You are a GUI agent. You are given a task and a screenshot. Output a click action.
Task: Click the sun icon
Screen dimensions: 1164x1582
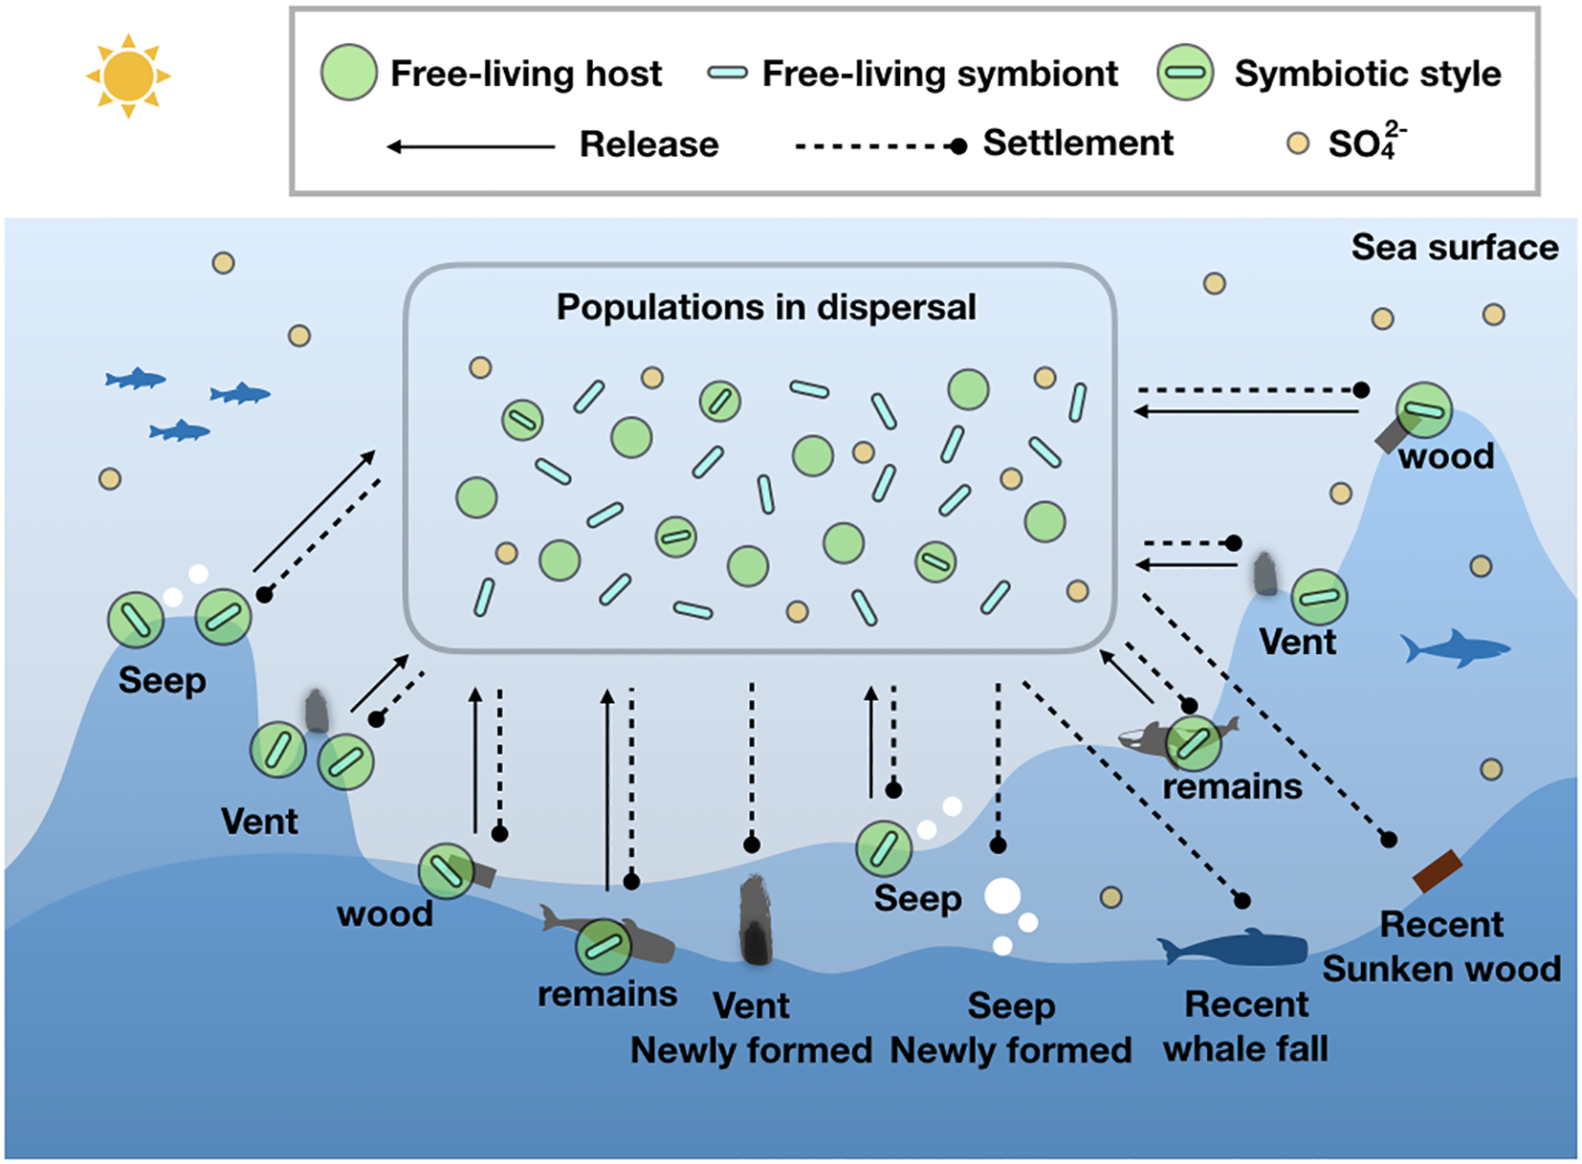(x=128, y=76)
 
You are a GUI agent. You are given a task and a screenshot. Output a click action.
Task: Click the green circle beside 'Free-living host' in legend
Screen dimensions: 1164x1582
(x=348, y=73)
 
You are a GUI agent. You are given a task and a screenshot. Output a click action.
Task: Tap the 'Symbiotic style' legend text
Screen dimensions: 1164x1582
(x=1367, y=74)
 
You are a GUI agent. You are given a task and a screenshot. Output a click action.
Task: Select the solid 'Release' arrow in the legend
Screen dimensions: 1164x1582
(x=471, y=146)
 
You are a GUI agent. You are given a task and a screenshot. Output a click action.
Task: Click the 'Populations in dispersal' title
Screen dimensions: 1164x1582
(x=766, y=307)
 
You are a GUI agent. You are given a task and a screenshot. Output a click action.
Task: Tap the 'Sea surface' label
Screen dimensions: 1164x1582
(x=1454, y=248)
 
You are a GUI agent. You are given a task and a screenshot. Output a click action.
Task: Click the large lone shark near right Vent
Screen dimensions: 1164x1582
(x=1454, y=649)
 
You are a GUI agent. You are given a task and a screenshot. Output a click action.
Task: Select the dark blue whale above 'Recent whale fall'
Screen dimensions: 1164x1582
(x=1234, y=949)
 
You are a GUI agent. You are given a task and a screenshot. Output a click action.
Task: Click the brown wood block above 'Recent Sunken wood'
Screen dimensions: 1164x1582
(x=1437, y=870)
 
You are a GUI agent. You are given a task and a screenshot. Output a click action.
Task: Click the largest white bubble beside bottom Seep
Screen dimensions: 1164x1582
(x=1002, y=896)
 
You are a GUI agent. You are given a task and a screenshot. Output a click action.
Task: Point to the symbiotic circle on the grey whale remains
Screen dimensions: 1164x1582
(x=604, y=946)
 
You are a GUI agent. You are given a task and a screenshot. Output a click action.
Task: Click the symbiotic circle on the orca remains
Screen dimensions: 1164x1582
(x=1193, y=743)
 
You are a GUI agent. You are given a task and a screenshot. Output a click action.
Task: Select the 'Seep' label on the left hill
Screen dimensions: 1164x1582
(x=162, y=681)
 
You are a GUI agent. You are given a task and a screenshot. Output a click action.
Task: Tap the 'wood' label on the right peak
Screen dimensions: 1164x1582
(x=1445, y=456)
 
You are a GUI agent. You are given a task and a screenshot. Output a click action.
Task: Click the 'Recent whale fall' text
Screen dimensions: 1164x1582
(x=1245, y=1026)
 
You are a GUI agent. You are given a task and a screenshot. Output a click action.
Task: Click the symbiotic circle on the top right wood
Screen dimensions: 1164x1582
(x=1423, y=410)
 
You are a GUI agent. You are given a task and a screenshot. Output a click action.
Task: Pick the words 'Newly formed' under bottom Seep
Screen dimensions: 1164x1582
(x=1010, y=1050)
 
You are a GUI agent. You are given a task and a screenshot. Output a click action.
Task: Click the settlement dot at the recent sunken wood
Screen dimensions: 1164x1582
(x=1389, y=839)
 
